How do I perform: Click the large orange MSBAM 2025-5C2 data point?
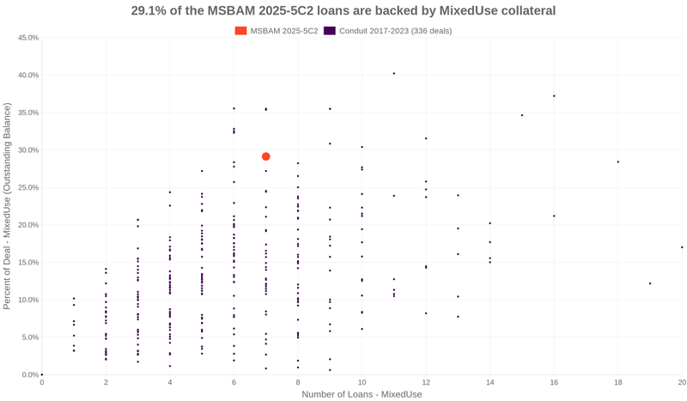click(266, 156)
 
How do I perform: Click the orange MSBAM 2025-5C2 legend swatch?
click(240, 31)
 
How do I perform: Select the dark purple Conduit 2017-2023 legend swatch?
click(329, 31)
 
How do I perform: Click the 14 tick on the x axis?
click(489, 382)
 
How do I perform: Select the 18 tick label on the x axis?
click(617, 382)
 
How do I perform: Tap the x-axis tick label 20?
click(681, 382)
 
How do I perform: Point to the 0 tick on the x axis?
click(42, 382)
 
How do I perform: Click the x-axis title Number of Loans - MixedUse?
click(362, 394)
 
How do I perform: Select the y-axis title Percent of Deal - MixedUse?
click(8, 206)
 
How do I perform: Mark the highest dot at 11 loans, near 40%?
click(394, 74)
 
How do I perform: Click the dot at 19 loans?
click(650, 283)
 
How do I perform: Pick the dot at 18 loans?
click(617, 162)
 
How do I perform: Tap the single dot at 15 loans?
click(522, 115)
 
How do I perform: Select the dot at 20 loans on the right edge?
click(682, 247)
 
